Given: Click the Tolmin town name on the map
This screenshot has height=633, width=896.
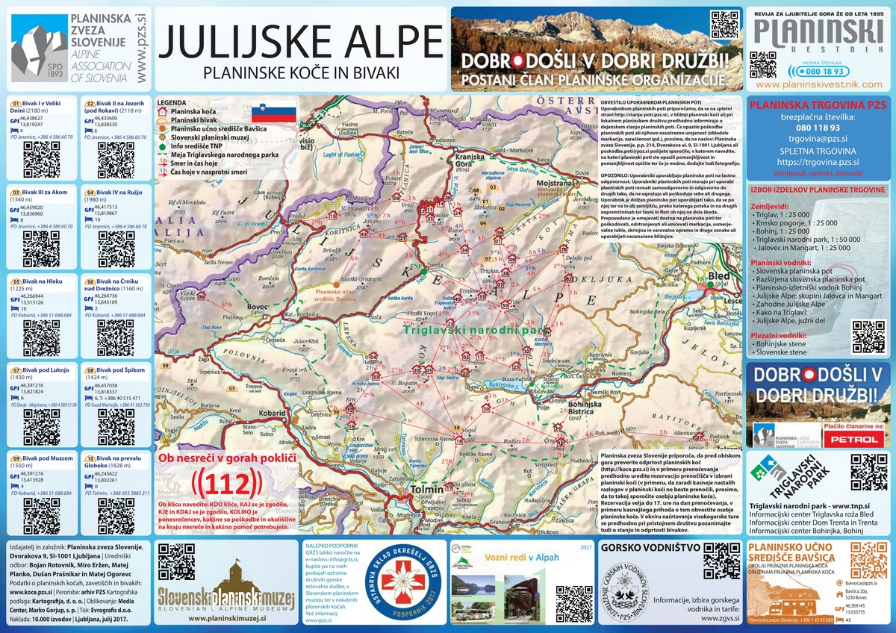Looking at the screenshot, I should coord(427,490).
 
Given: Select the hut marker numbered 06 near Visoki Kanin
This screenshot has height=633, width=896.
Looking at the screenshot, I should coord(200,296).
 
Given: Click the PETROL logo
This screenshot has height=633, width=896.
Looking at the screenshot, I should coord(856,440).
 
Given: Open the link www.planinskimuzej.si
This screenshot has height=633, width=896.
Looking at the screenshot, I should coord(228,618).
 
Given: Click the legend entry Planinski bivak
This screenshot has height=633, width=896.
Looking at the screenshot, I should coord(191,119).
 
